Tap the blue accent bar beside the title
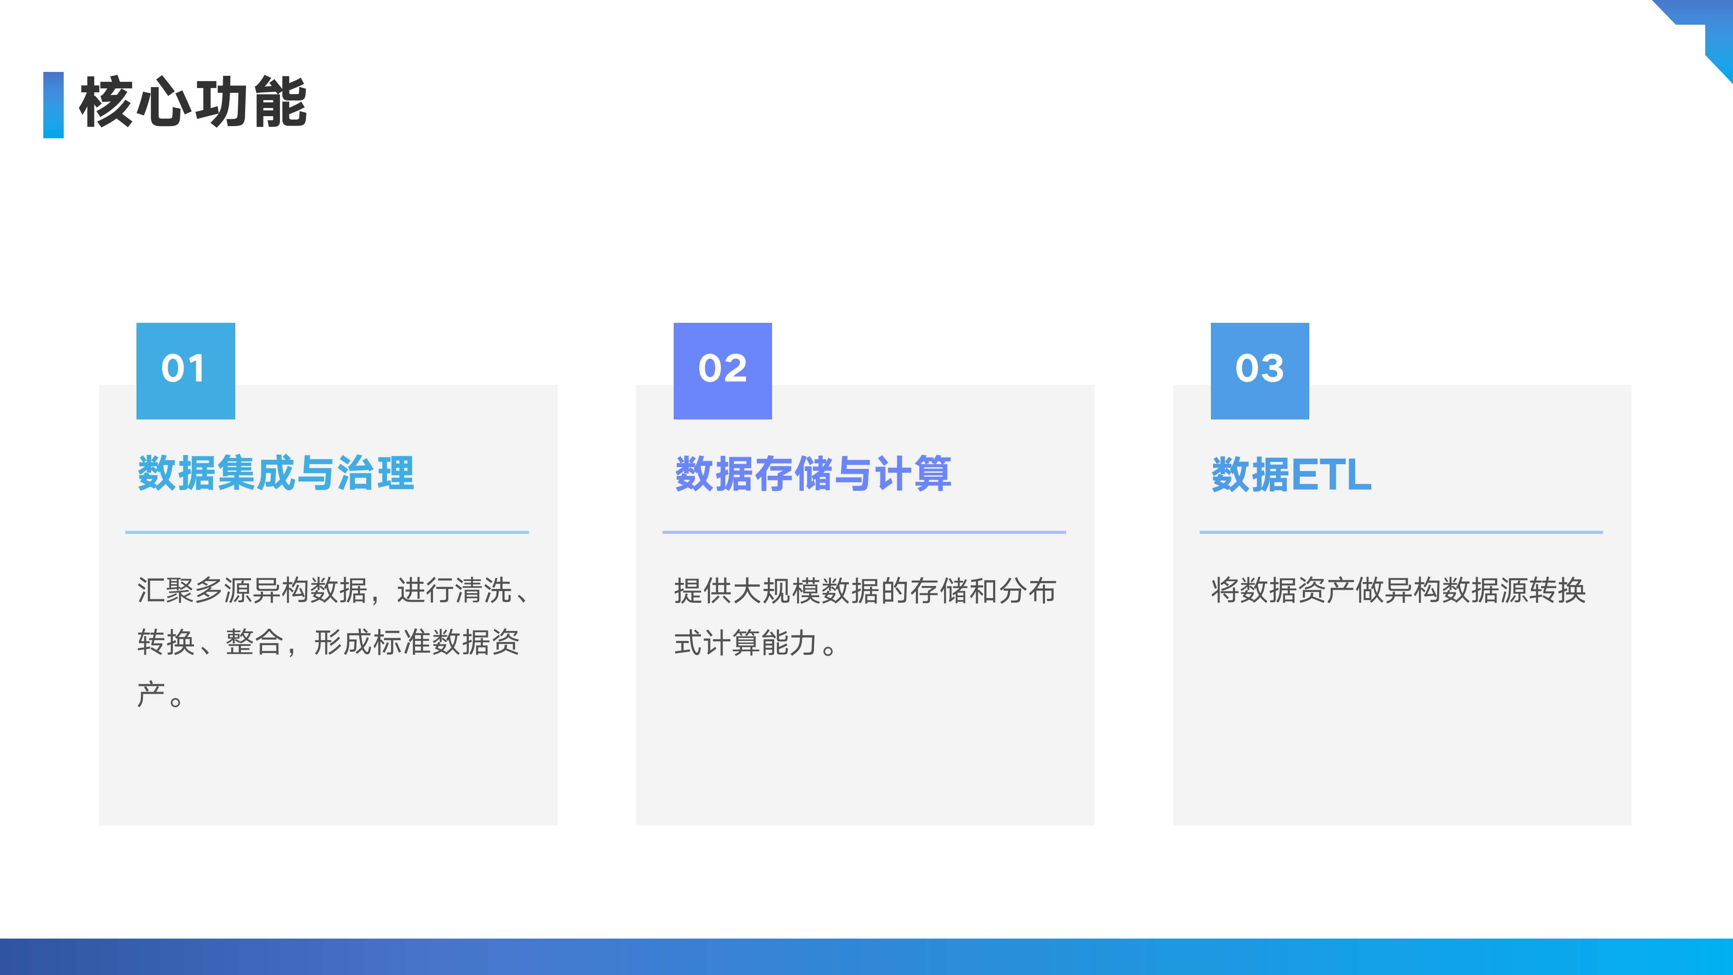[x=53, y=105]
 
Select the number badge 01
[x=186, y=371]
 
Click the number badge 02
[x=723, y=371]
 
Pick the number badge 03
[x=1260, y=371]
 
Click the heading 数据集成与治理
[x=276, y=473]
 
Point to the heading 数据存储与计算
[x=813, y=473]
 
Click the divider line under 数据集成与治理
[x=327, y=532]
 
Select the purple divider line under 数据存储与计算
[x=864, y=532]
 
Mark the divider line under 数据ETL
[x=1401, y=532]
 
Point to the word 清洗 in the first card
[x=484, y=590]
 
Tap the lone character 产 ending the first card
[x=151, y=694]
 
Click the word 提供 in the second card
[x=703, y=591]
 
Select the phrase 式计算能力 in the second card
[x=745, y=643]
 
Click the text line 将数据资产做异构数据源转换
[x=1399, y=590]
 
